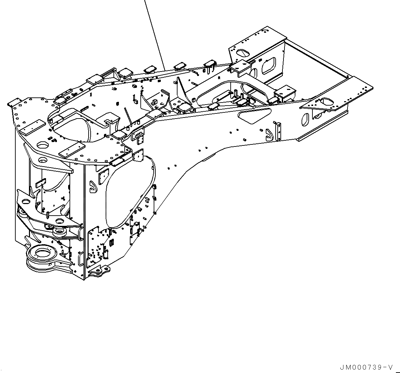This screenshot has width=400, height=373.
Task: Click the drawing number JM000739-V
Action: (x=366, y=368)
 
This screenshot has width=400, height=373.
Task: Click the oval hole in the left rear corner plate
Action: (x=243, y=53)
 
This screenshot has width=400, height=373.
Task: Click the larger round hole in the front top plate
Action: (x=43, y=145)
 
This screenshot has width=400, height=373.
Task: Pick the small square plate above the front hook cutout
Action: (x=102, y=175)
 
